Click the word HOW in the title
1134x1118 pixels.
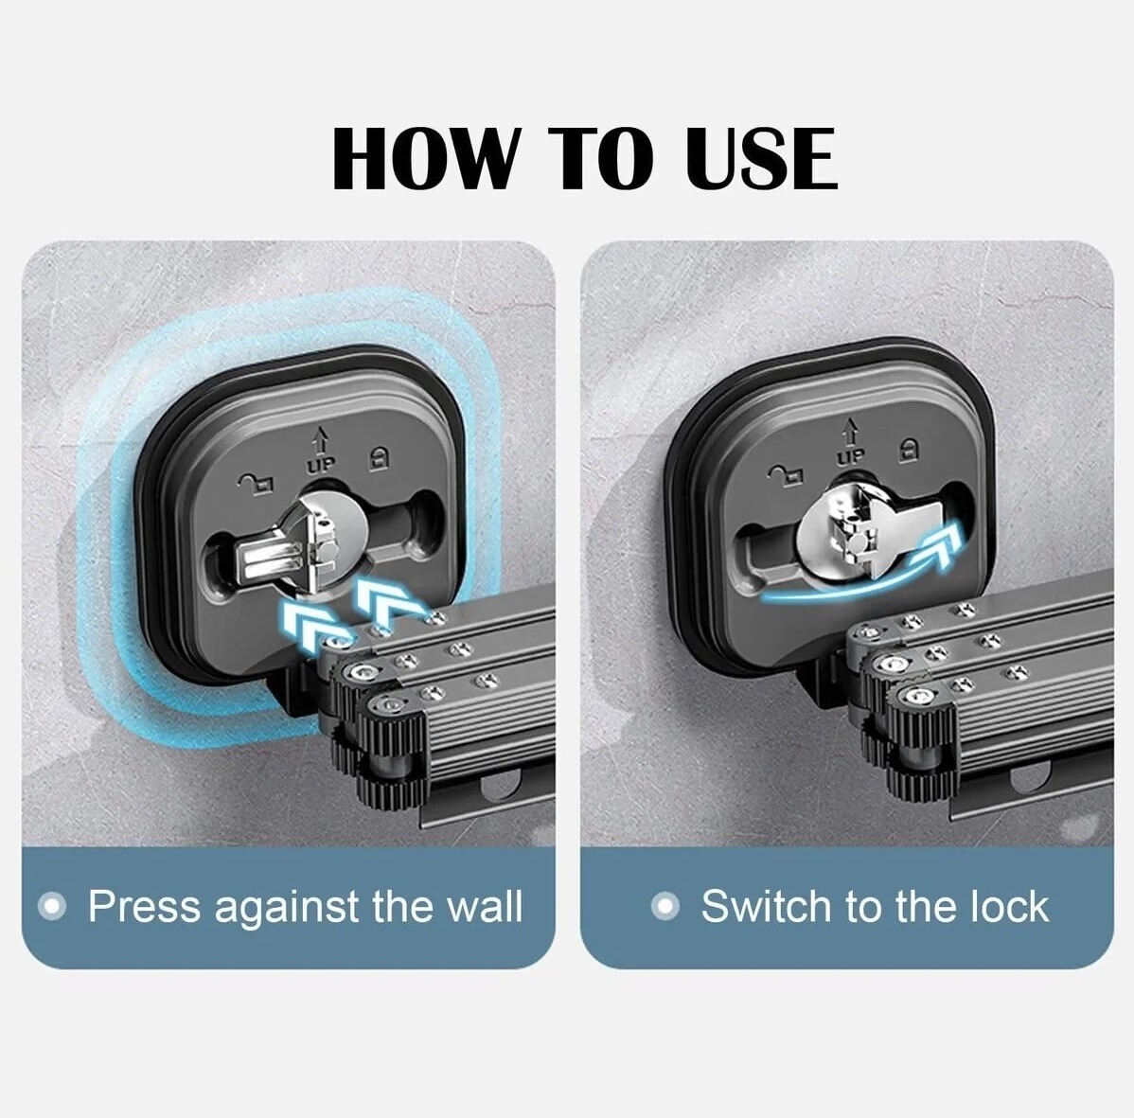click(x=425, y=158)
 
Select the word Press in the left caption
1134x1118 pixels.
click(x=144, y=906)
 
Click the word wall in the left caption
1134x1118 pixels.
click(x=485, y=906)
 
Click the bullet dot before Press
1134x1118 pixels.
click(x=52, y=906)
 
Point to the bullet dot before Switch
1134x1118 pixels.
click(x=665, y=906)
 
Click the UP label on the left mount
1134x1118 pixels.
click(x=320, y=465)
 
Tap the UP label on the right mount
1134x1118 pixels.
click(x=850, y=455)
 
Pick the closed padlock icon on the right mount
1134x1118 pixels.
click(x=908, y=449)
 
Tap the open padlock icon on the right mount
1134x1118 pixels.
click(x=786, y=473)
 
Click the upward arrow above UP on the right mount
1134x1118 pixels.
click(x=850, y=433)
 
